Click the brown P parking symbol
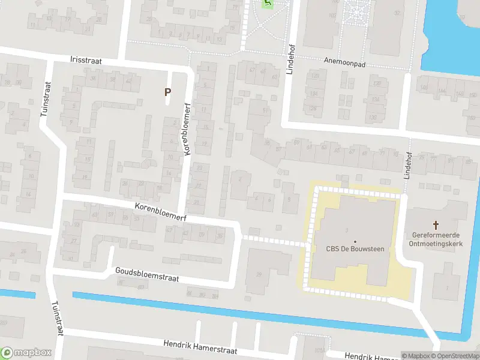[x=168, y=92]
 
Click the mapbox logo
[x=26, y=352]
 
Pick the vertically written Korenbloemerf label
[x=188, y=128]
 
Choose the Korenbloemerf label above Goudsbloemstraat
[x=160, y=212]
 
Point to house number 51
[x=266, y=110]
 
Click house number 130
[x=373, y=117]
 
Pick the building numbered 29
[x=259, y=274]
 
